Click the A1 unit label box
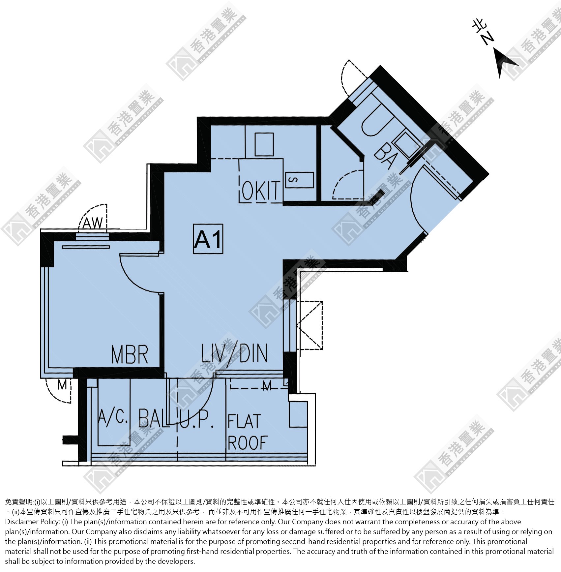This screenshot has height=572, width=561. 208,239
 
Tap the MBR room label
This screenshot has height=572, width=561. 130,355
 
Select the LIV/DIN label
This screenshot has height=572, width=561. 234,353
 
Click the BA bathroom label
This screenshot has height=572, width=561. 385,156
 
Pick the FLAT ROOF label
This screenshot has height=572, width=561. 248,432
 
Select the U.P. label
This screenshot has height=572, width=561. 197,420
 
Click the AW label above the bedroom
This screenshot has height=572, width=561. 93,223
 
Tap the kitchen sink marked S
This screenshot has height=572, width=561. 300,180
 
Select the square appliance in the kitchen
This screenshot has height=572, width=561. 264,144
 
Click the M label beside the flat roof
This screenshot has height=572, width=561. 267,385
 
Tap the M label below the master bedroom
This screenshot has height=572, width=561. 62,385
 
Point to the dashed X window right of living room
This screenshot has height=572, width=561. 309,325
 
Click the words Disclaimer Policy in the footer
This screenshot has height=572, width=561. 33,522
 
